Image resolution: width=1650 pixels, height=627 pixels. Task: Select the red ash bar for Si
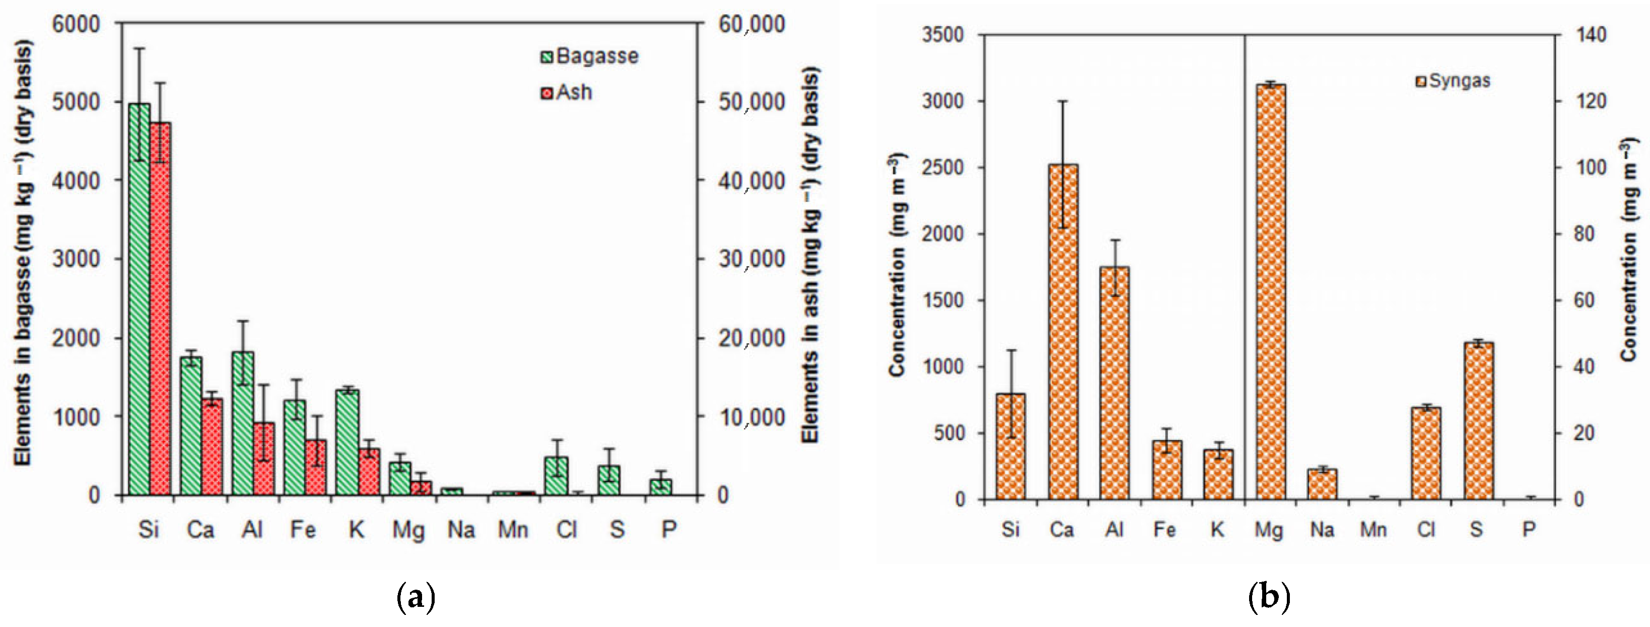pos(160,308)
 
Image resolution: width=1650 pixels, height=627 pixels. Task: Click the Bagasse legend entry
pos(589,56)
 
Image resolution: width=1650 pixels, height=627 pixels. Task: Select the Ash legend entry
pos(566,93)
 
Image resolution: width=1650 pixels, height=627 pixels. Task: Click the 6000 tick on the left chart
pos(76,24)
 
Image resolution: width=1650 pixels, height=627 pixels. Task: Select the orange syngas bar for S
pos(1478,420)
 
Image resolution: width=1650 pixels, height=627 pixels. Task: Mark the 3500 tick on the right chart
pos(942,35)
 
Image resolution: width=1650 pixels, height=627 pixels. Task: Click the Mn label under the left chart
pos(513,530)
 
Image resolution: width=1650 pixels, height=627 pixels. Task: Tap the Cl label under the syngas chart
pos(1426,530)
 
